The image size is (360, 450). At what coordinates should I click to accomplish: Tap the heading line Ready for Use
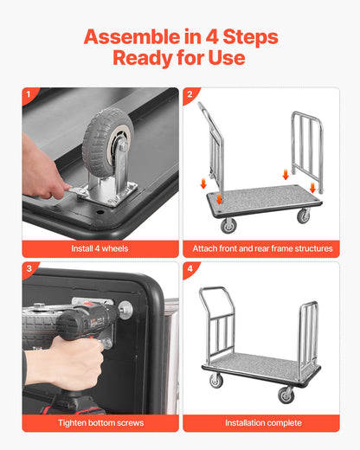coord(179,59)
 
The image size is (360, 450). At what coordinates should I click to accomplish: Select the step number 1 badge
coord(29,95)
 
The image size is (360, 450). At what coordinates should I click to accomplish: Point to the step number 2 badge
coord(190,95)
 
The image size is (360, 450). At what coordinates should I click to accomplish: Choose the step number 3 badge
coord(29,269)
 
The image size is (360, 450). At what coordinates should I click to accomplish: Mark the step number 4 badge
coord(190,269)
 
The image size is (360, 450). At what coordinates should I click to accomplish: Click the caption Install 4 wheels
coord(100,248)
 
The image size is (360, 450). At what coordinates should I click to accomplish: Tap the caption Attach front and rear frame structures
coord(263,248)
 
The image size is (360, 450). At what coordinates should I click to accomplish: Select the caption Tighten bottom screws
coord(100,422)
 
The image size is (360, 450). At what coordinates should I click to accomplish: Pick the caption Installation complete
coord(263,422)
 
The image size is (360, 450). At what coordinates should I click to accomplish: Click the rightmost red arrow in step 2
coord(312,187)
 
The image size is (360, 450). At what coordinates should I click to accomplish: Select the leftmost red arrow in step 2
coord(203,183)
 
